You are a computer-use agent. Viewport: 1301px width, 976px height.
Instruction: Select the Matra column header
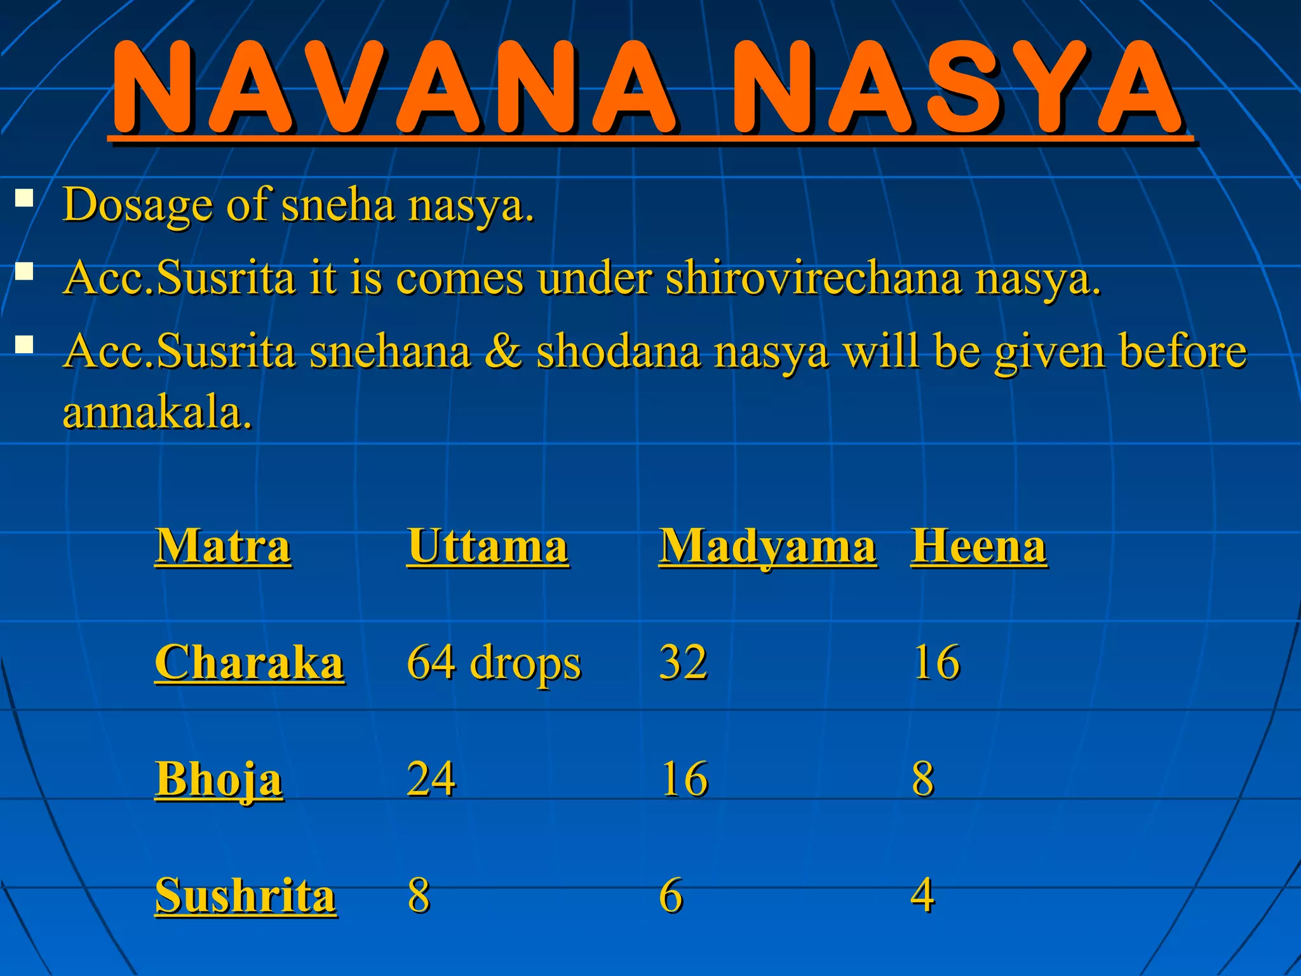(x=223, y=546)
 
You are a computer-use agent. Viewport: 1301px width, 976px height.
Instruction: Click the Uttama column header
(x=487, y=546)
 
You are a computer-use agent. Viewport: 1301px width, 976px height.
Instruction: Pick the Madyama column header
(x=767, y=547)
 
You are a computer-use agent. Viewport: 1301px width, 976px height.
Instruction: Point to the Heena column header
(x=978, y=546)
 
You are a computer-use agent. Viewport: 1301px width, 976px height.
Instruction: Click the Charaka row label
(x=250, y=663)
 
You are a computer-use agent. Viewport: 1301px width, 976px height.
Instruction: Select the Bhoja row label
(x=219, y=779)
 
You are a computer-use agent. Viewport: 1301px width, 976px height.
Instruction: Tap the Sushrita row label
(x=246, y=895)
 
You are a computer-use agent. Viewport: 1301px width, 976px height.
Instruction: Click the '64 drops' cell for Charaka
(x=494, y=663)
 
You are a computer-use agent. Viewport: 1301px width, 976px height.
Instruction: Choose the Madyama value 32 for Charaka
(x=683, y=663)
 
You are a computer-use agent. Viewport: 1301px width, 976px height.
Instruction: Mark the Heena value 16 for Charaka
(x=936, y=663)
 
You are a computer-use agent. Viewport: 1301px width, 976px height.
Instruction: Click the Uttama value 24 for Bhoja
(x=431, y=779)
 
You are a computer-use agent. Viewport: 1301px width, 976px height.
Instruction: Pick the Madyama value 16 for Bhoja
(x=684, y=779)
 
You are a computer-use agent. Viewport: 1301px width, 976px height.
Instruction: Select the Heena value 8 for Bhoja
(x=923, y=779)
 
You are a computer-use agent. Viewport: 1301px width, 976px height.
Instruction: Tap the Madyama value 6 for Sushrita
(x=671, y=895)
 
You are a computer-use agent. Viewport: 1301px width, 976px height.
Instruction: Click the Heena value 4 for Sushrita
(x=922, y=895)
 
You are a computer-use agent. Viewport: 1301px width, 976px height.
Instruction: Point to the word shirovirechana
(x=813, y=278)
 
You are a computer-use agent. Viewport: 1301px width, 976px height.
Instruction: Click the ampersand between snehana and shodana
(x=503, y=351)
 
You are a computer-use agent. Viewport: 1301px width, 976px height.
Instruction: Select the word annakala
(x=157, y=412)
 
